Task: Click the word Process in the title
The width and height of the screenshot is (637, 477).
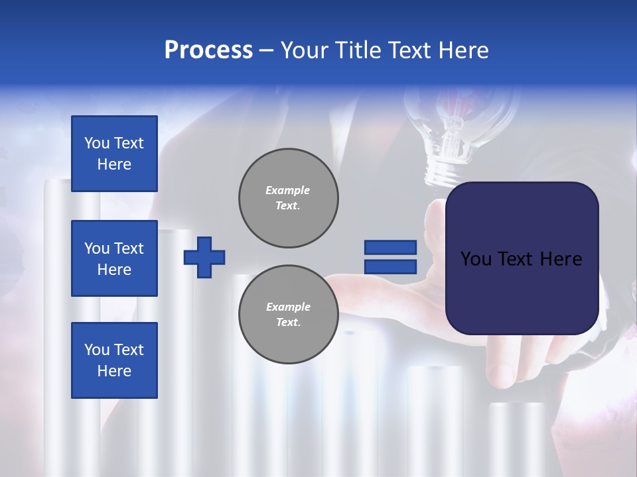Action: [208, 50]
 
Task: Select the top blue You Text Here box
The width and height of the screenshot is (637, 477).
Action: [114, 154]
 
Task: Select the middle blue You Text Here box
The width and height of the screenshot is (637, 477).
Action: [114, 258]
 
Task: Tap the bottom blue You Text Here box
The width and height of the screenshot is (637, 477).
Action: [114, 360]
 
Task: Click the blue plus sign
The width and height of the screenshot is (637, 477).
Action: [204, 257]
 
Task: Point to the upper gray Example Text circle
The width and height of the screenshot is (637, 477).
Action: [288, 198]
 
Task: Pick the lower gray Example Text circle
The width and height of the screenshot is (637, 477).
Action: [288, 315]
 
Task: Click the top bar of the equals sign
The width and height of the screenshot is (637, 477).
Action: [390, 247]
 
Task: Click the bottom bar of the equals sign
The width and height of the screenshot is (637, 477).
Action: [390, 267]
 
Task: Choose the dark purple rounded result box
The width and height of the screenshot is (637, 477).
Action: [522, 258]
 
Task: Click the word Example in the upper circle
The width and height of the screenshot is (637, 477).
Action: [288, 190]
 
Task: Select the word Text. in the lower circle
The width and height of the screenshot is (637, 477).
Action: [288, 323]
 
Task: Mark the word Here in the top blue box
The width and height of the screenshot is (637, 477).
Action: [114, 164]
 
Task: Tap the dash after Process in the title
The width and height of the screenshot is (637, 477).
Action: [267, 50]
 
